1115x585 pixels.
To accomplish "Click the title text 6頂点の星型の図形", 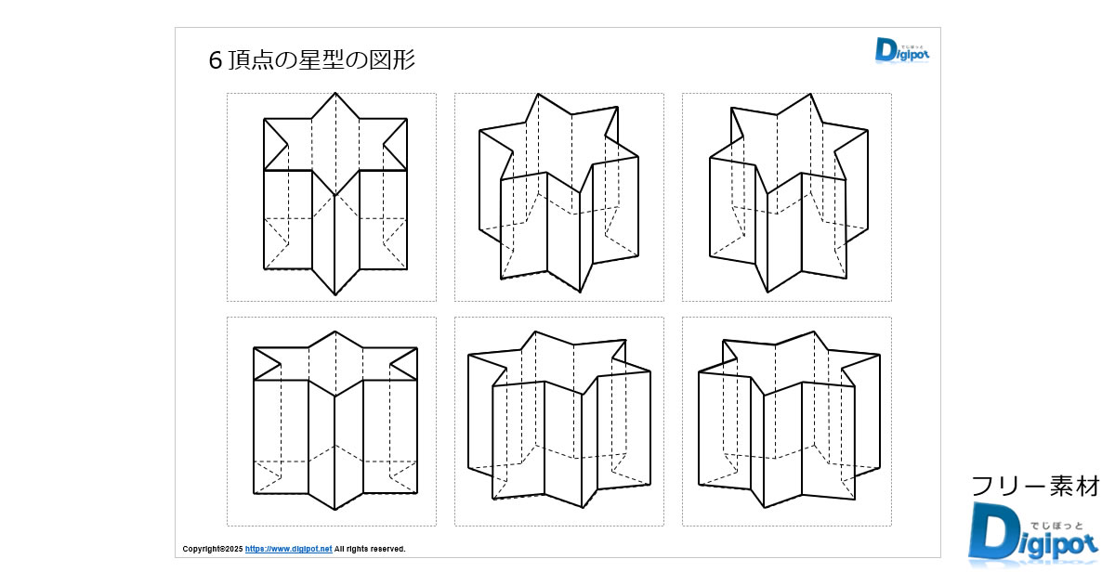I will (x=312, y=61).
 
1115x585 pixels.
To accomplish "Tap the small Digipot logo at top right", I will (x=901, y=50).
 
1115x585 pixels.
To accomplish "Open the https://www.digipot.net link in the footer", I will (x=288, y=549).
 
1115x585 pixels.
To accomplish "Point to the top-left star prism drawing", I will (x=334, y=195).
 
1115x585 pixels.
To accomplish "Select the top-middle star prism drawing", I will (x=558, y=195).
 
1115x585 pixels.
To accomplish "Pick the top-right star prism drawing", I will (x=787, y=195).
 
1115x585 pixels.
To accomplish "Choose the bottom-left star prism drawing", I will (x=334, y=421).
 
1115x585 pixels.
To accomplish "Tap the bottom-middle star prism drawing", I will (x=558, y=421).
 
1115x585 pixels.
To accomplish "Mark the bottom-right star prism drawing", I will (x=787, y=421).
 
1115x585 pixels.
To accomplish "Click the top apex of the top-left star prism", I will (x=335, y=93).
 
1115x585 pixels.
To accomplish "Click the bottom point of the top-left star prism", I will (x=335, y=295).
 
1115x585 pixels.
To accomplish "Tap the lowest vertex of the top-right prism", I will (x=768, y=292).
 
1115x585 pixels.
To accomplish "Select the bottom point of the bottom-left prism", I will (x=334, y=510).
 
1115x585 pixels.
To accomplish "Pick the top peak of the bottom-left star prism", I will (x=334, y=331).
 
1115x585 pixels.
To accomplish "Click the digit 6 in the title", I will (x=216, y=61).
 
